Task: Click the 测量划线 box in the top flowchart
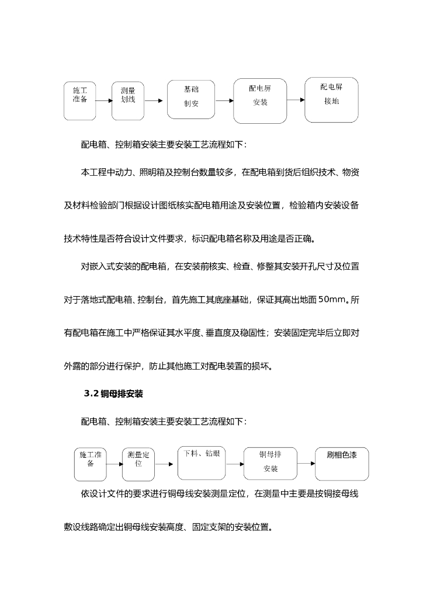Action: (x=127, y=100)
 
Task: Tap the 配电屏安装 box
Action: (x=259, y=100)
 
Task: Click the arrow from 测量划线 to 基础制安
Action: (x=154, y=101)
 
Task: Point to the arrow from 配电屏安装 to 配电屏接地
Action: (x=296, y=100)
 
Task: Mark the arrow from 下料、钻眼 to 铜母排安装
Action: (x=235, y=464)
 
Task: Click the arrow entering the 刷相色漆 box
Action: (x=306, y=464)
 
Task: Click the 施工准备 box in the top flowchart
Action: (x=80, y=100)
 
